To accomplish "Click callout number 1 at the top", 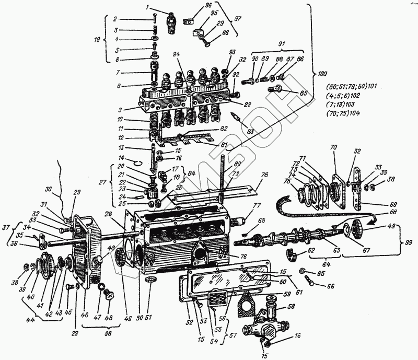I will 147,7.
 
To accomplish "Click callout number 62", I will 311,251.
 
